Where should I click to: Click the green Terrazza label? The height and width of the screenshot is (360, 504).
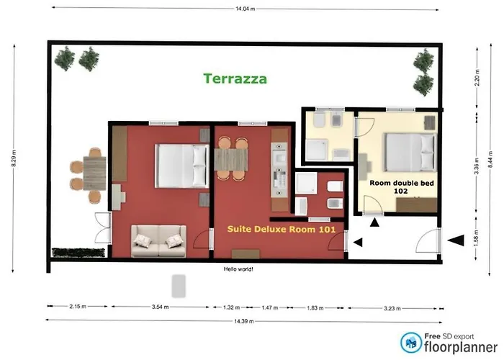235,78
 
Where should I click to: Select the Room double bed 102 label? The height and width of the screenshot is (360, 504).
397,188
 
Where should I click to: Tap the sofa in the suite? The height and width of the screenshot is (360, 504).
158,240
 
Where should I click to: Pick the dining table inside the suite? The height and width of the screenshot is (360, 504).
231,158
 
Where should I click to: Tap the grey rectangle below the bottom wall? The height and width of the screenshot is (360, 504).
178,286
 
